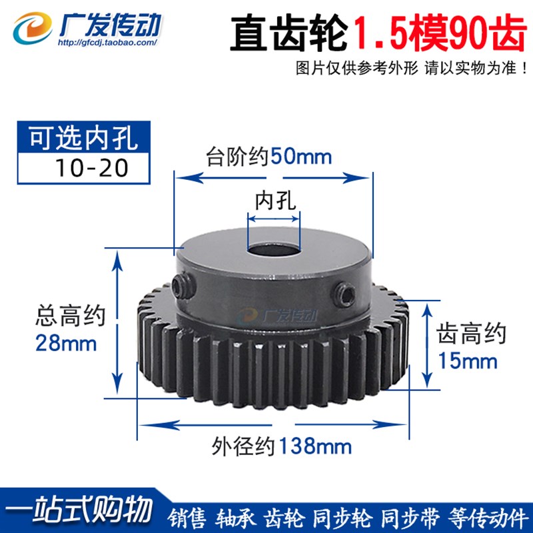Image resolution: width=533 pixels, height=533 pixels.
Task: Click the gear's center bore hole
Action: click(x=273, y=252)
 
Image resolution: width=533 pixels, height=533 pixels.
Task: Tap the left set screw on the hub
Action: click(x=177, y=288)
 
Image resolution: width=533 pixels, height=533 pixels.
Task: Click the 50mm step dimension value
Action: click(x=300, y=158)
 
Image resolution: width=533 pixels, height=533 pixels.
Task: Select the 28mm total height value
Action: click(x=65, y=344)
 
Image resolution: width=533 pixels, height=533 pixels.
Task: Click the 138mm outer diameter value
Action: click(x=315, y=444)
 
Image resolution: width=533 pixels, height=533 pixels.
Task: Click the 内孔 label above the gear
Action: click(x=273, y=199)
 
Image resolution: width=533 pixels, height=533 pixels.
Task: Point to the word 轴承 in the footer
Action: click(x=235, y=516)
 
